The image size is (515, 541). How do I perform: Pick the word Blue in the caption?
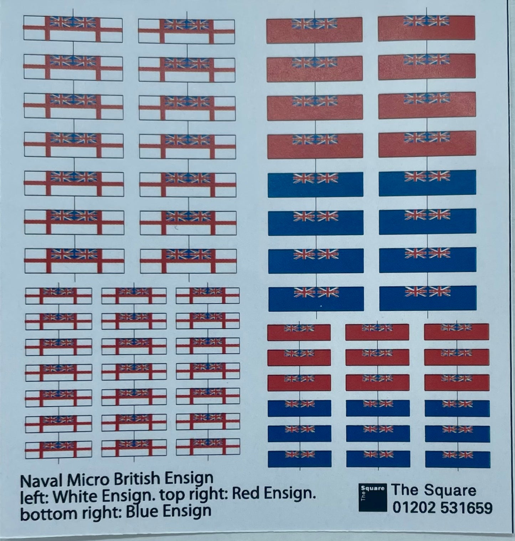pyautogui.click(x=143, y=510)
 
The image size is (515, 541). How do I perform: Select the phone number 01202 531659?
pyautogui.click(x=442, y=507)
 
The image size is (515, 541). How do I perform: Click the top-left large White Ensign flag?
pyautogui.click(x=73, y=28)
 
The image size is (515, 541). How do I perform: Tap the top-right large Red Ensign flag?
pyautogui.click(x=427, y=28)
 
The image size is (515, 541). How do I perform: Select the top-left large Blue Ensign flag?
pyautogui.click(x=315, y=184)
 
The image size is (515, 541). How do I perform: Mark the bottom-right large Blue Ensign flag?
pyautogui.click(x=428, y=298)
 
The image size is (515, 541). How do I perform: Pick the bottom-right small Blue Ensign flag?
pyautogui.click(x=458, y=459)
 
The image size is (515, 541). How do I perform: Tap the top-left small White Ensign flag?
pyautogui.click(x=58, y=296)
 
